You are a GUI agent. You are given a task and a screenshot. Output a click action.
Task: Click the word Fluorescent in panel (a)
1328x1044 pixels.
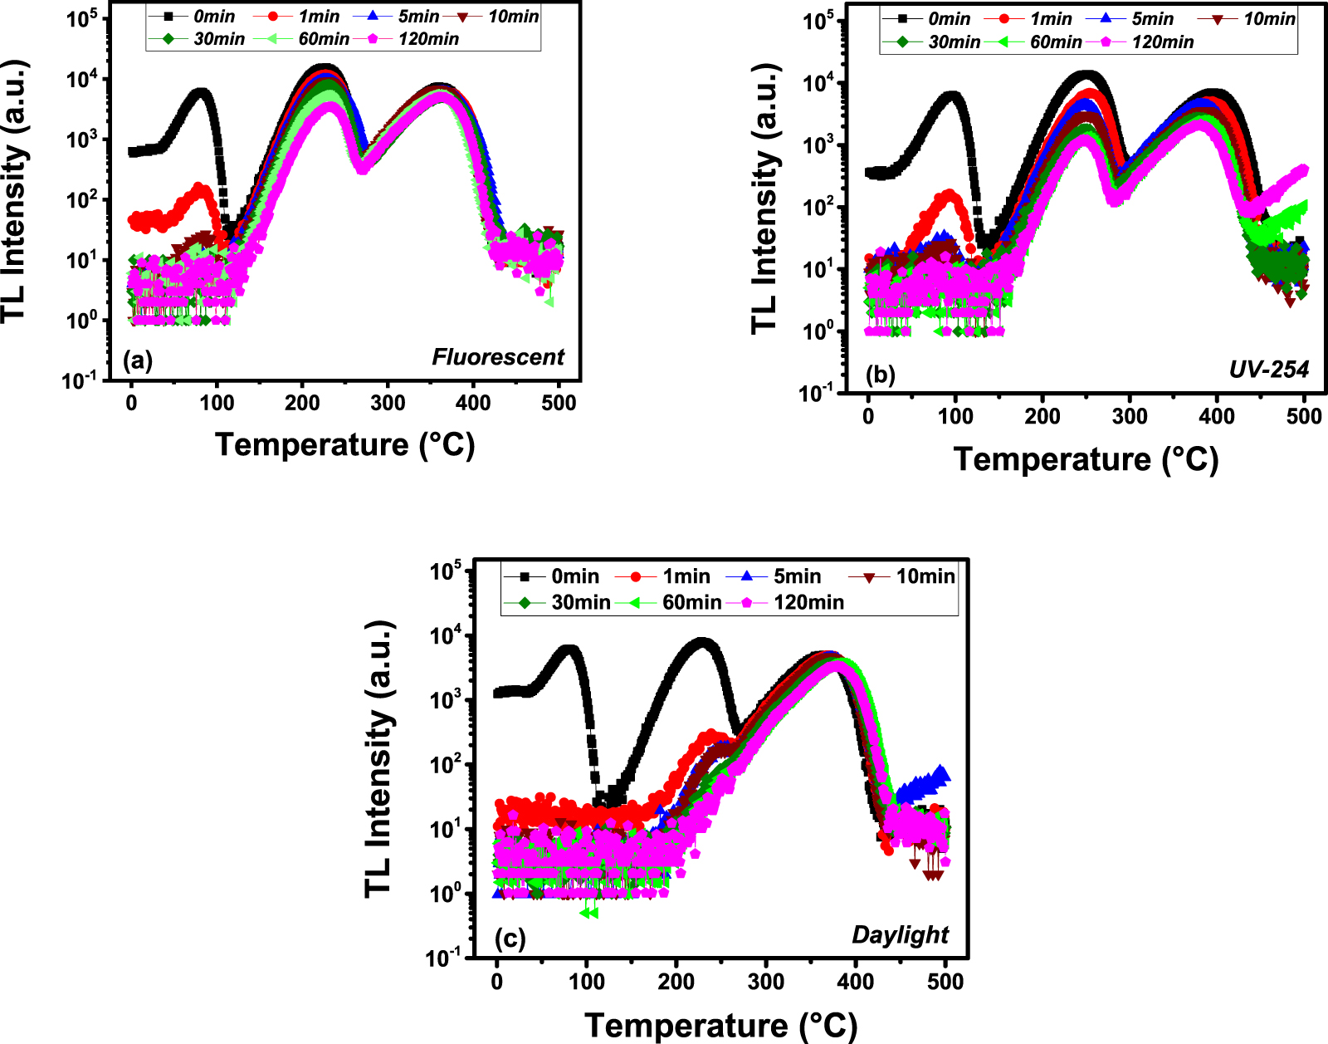pyautogui.click(x=497, y=357)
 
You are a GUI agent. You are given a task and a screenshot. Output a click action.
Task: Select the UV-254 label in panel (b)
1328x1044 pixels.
pyautogui.click(x=1268, y=370)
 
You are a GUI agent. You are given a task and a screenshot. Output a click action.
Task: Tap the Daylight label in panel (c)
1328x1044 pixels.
pyautogui.click(x=900, y=935)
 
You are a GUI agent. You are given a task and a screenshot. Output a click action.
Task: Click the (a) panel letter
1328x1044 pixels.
pyautogui.click(x=138, y=360)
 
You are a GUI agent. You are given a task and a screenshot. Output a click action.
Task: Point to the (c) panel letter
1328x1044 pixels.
pyautogui.click(x=510, y=939)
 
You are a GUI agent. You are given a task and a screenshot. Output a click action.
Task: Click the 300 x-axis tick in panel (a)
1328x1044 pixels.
pyautogui.click(x=388, y=404)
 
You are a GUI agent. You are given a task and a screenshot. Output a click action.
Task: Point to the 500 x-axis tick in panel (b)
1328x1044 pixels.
pyautogui.click(x=1304, y=417)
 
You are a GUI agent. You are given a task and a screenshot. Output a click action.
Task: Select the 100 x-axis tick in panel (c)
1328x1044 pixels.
pyautogui.click(x=587, y=983)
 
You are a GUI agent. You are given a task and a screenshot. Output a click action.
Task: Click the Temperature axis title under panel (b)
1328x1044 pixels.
pyautogui.click(x=1086, y=459)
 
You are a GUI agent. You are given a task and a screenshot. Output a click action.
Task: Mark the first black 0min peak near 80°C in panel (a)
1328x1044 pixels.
pyautogui.click(x=200, y=94)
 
